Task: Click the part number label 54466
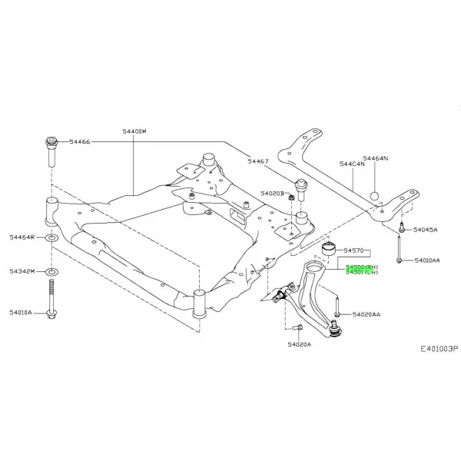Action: click(80, 142)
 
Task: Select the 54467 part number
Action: click(257, 161)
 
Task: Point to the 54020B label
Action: click(272, 194)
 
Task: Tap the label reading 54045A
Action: click(425, 230)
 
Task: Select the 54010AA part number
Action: click(427, 261)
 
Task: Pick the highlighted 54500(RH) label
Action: click(360, 266)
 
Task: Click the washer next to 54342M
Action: click(51, 272)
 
